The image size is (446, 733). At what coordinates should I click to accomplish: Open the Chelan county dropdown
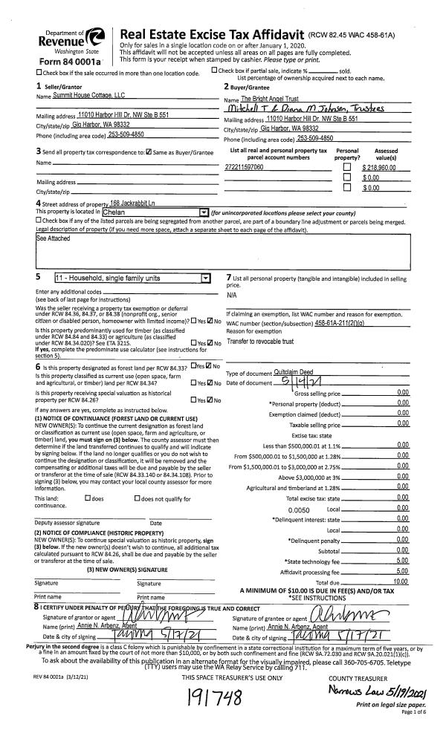tap(204, 212)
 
